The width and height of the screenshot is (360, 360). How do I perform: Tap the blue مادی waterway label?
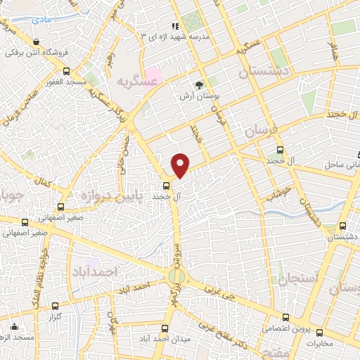click(x=43, y=22)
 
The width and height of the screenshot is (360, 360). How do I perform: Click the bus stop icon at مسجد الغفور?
click(x=66, y=71)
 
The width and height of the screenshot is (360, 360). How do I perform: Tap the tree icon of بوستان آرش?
click(x=205, y=83)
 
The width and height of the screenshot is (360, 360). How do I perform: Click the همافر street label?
click(x=333, y=49)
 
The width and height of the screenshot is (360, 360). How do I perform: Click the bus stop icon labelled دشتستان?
click(x=342, y=226)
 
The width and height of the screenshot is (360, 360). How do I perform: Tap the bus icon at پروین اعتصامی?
click(x=285, y=316)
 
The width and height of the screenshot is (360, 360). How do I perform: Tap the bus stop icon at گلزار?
click(x=56, y=306)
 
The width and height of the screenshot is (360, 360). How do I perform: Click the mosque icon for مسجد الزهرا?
click(x=14, y=326)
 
